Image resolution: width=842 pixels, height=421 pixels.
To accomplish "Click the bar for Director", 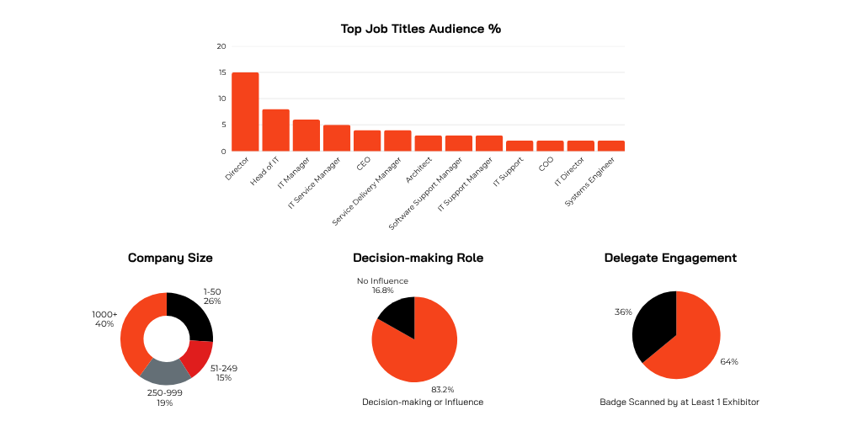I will coord(245,112).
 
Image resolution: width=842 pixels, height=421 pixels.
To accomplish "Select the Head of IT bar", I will coord(275,131).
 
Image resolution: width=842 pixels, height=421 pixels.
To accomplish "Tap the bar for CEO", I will coord(367,141).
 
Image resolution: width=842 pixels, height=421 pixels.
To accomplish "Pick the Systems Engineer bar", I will coord(610,146).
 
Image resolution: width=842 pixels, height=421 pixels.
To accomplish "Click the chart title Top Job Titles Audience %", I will coord(420,29).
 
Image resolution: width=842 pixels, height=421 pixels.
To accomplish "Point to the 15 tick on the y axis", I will coord(221,72).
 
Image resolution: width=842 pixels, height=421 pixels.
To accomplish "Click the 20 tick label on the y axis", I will coord(221,46).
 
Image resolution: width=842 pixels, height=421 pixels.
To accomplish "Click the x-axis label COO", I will coord(546,165).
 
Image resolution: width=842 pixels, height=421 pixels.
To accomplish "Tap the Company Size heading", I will coord(170,258).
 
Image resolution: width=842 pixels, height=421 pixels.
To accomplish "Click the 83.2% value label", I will coord(443,390).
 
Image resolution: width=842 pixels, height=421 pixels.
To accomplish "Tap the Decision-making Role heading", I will coord(418,258).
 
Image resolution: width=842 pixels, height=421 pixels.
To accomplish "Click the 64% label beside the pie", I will coord(729,362).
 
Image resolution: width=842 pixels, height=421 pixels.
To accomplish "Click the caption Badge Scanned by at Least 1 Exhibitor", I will coord(673,402).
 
